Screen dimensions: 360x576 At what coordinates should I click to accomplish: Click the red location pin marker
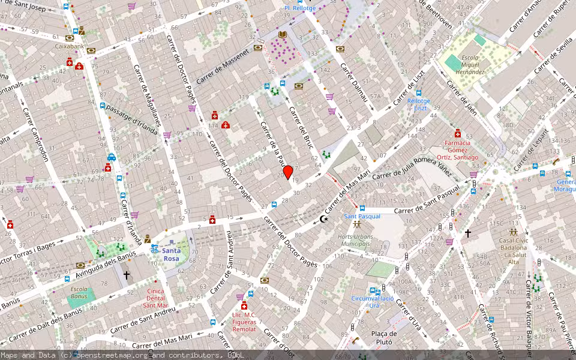[287, 172]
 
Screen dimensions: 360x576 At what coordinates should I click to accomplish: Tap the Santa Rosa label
[171, 254]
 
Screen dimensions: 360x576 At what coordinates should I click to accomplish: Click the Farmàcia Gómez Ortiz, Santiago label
[461, 150]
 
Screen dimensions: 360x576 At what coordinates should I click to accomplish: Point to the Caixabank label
[70, 46]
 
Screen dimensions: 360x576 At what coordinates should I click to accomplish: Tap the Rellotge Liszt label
[418, 104]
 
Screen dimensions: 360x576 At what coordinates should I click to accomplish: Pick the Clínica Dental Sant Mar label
[155, 298]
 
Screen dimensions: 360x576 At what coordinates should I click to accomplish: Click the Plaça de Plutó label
[384, 338]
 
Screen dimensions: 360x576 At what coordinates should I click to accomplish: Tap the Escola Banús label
[79, 293]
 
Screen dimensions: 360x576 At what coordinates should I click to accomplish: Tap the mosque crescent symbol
[325, 220]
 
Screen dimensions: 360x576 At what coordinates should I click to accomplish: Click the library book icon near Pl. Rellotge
[282, 36]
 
